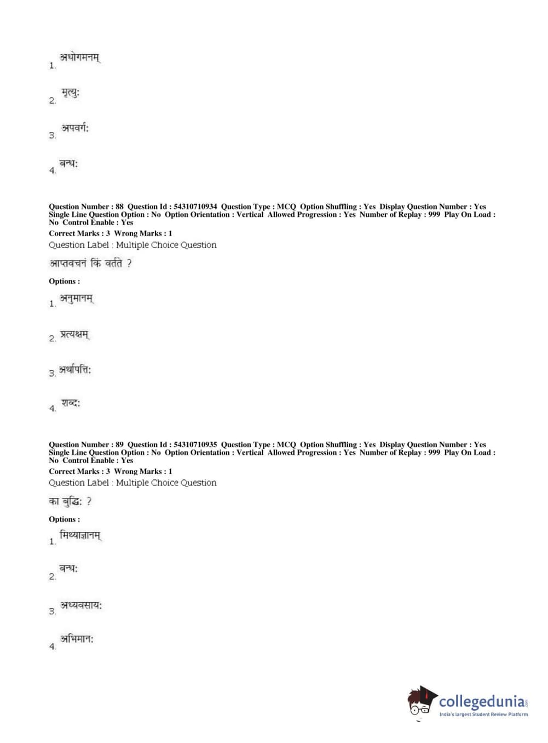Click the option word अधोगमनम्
click(80, 58)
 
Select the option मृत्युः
click(71, 93)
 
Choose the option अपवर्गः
click(75, 128)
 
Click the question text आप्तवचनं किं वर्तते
click(90, 264)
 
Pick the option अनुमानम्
click(77, 299)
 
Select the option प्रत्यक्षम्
click(74, 334)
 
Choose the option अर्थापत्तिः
click(76, 370)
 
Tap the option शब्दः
click(71, 403)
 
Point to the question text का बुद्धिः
click(70, 501)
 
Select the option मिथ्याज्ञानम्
click(80, 535)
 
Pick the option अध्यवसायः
click(81, 605)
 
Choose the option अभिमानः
click(77, 639)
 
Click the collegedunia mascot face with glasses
click(420, 703)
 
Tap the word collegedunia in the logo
click(482, 701)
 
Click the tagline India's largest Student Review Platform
click(484, 715)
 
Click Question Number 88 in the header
click(86, 207)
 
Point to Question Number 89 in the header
click(86, 444)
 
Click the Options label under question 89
click(64, 519)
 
